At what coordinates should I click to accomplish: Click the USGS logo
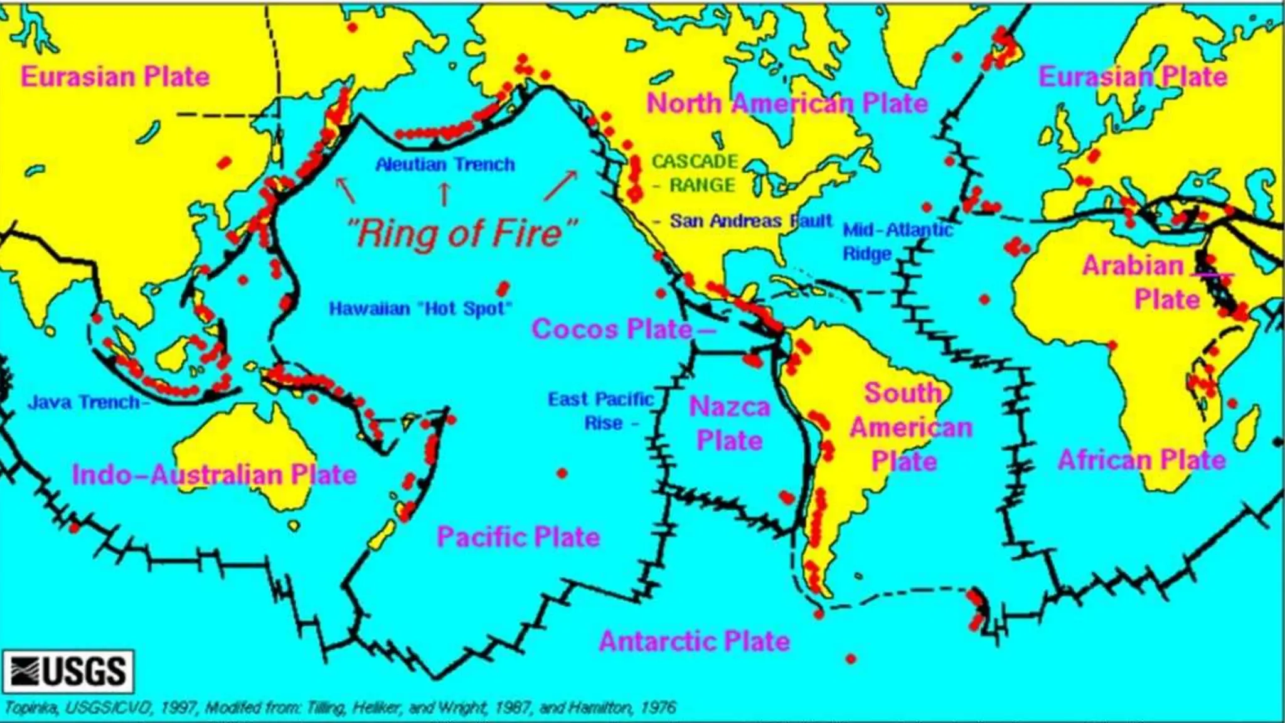coord(68,671)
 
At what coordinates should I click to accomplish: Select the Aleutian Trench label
coord(445,164)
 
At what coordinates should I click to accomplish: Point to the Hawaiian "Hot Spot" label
coord(420,309)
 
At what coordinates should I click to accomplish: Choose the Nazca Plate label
coord(729,424)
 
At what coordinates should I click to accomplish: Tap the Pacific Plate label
coord(518,537)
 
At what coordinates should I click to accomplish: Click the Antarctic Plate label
coord(694,641)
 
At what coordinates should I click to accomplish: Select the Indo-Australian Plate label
coord(214,475)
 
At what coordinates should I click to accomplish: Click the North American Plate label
coord(787,104)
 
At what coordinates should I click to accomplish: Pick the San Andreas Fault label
coord(750,221)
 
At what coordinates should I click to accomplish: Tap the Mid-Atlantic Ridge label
coord(897,242)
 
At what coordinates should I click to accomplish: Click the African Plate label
coord(1141,460)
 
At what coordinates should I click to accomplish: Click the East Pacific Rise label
coord(600,411)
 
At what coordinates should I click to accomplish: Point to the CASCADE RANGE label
coord(695,173)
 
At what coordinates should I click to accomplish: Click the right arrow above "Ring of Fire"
coord(560,186)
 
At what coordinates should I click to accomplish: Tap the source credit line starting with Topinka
coord(339,708)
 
